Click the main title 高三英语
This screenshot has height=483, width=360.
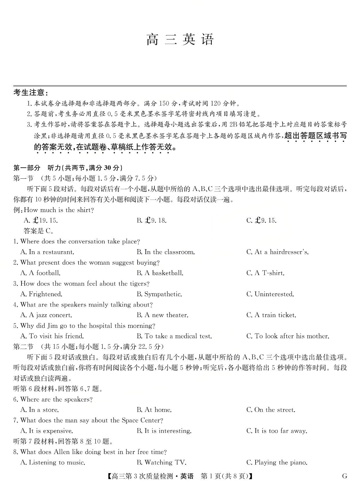[180, 39]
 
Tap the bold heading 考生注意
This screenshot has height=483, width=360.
[30, 93]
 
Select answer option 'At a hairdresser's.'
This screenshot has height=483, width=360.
[277, 252]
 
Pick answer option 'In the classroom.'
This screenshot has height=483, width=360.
[166, 252]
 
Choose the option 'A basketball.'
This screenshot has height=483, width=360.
[160, 273]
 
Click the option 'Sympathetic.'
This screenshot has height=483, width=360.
[159, 294]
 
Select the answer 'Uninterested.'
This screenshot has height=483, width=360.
[270, 294]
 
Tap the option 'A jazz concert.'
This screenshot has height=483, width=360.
[46, 315]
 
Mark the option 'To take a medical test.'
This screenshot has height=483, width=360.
[174, 336]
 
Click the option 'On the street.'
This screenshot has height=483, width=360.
[271, 410]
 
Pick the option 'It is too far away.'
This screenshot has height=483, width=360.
[277, 431]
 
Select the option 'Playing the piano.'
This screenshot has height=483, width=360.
[277, 462]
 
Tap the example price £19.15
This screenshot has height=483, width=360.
[41, 220]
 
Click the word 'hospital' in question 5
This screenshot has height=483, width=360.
[99, 326]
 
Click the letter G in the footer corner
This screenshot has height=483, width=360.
[345, 476]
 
